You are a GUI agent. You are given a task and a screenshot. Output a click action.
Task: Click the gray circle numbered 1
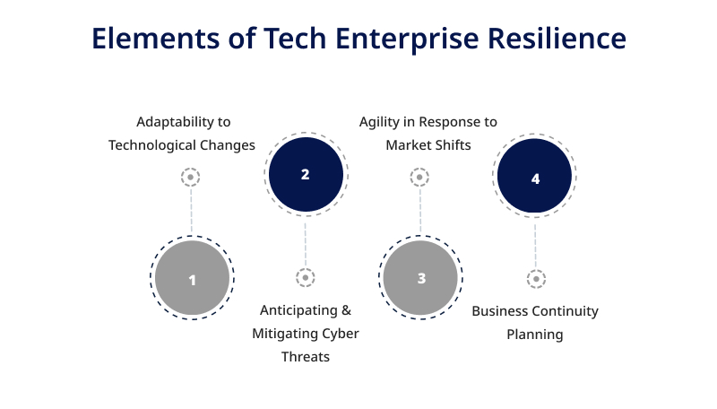[x=192, y=278]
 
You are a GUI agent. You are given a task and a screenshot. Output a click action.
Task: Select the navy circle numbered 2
[x=306, y=174]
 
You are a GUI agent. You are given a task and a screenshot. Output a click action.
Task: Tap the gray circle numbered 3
[x=420, y=278]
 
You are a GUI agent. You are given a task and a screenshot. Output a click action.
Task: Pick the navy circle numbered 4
[x=534, y=176]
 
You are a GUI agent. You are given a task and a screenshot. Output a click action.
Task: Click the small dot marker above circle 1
[x=191, y=177]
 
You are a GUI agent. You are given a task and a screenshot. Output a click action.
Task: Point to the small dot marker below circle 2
[x=306, y=277]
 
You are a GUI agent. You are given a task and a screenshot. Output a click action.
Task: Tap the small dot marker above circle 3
[x=419, y=177]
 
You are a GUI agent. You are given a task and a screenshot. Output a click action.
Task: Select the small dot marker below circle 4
[x=536, y=279]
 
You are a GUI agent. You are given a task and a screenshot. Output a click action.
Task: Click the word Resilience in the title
[x=557, y=38]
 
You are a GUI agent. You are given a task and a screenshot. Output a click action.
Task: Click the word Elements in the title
[x=156, y=38]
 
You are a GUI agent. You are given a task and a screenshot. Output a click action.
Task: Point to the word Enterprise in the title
[x=407, y=39]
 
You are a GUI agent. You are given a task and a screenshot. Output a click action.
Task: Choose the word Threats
[x=306, y=356]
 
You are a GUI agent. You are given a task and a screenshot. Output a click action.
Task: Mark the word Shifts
[x=454, y=145]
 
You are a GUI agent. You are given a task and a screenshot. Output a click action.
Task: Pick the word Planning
[x=534, y=335]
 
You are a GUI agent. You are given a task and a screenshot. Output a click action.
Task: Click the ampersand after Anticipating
[x=346, y=310]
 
